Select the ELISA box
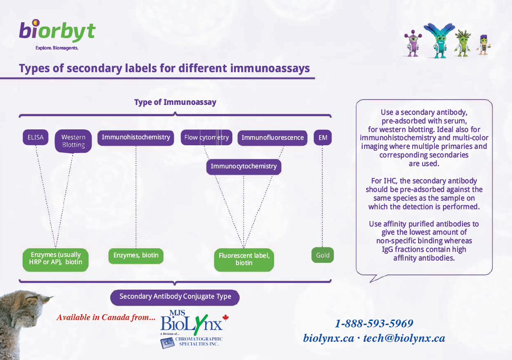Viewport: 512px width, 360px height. pos(35,137)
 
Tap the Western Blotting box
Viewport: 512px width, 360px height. pos(73,141)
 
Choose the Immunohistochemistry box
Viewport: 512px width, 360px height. pos(136,137)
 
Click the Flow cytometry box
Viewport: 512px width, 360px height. pos(207,138)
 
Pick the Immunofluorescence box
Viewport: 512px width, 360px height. pos(272,138)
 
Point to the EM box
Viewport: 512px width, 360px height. pos(322,138)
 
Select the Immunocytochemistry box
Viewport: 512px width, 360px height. pos(244,167)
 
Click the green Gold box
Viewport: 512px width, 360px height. pos(323,255)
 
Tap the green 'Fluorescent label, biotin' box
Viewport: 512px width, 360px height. pos(244,259)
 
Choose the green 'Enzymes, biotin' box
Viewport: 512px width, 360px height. pos(136,255)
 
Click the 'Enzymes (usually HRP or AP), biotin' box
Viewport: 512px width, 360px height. pos(55,259)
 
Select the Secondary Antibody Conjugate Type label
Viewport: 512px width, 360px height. pos(175,297)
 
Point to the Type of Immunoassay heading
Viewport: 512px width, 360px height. pos(175,102)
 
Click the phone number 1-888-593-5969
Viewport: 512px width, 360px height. pos(374,324)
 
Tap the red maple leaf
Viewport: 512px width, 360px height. pos(226,318)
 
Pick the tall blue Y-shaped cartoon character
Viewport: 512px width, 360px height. pos(439,39)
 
